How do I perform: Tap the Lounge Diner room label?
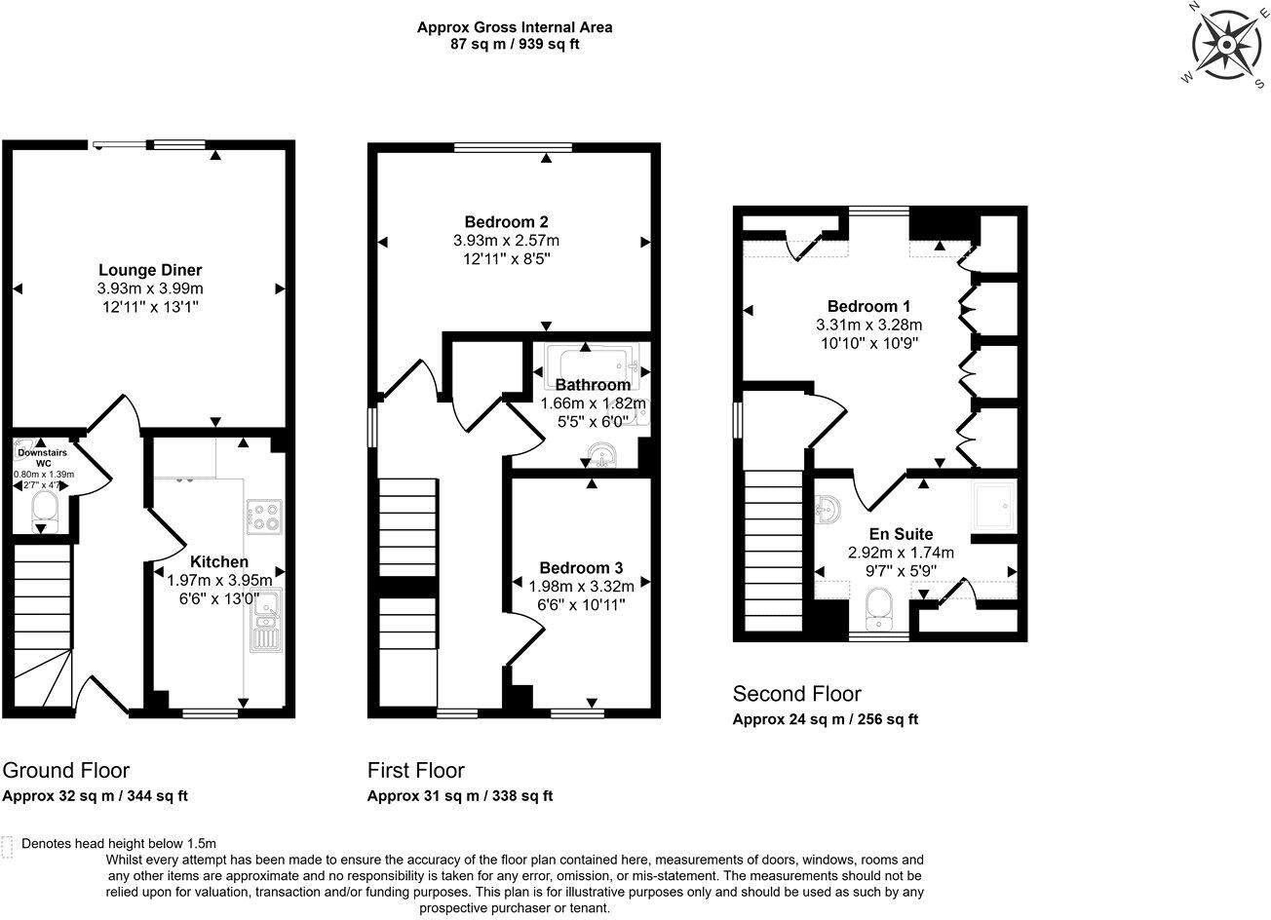pyautogui.click(x=150, y=269)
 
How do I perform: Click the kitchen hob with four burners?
pyautogui.click(x=264, y=517)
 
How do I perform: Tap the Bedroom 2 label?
pyautogui.click(x=506, y=219)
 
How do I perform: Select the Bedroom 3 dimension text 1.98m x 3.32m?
pyautogui.click(x=581, y=586)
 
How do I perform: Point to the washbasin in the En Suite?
pyautogui.click(x=827, y=508)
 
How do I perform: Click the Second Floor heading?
pyautogui.click(x=796, y=694)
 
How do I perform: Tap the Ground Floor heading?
pyautogui.click(x=66, y=770)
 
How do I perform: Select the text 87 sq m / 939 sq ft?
pyautogui.click(x=515, y=45)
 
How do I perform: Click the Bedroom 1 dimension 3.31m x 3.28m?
pyautogui.click(x=868, y=325)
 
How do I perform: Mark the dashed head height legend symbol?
pyautogui.click(x=9, y=845)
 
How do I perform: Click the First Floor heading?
pyautogui.click(x=415, y=770)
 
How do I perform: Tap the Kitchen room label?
pyautogui.click(x=218, y=561)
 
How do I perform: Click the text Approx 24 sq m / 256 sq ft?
pyautogui.click(x=825, y=719)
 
